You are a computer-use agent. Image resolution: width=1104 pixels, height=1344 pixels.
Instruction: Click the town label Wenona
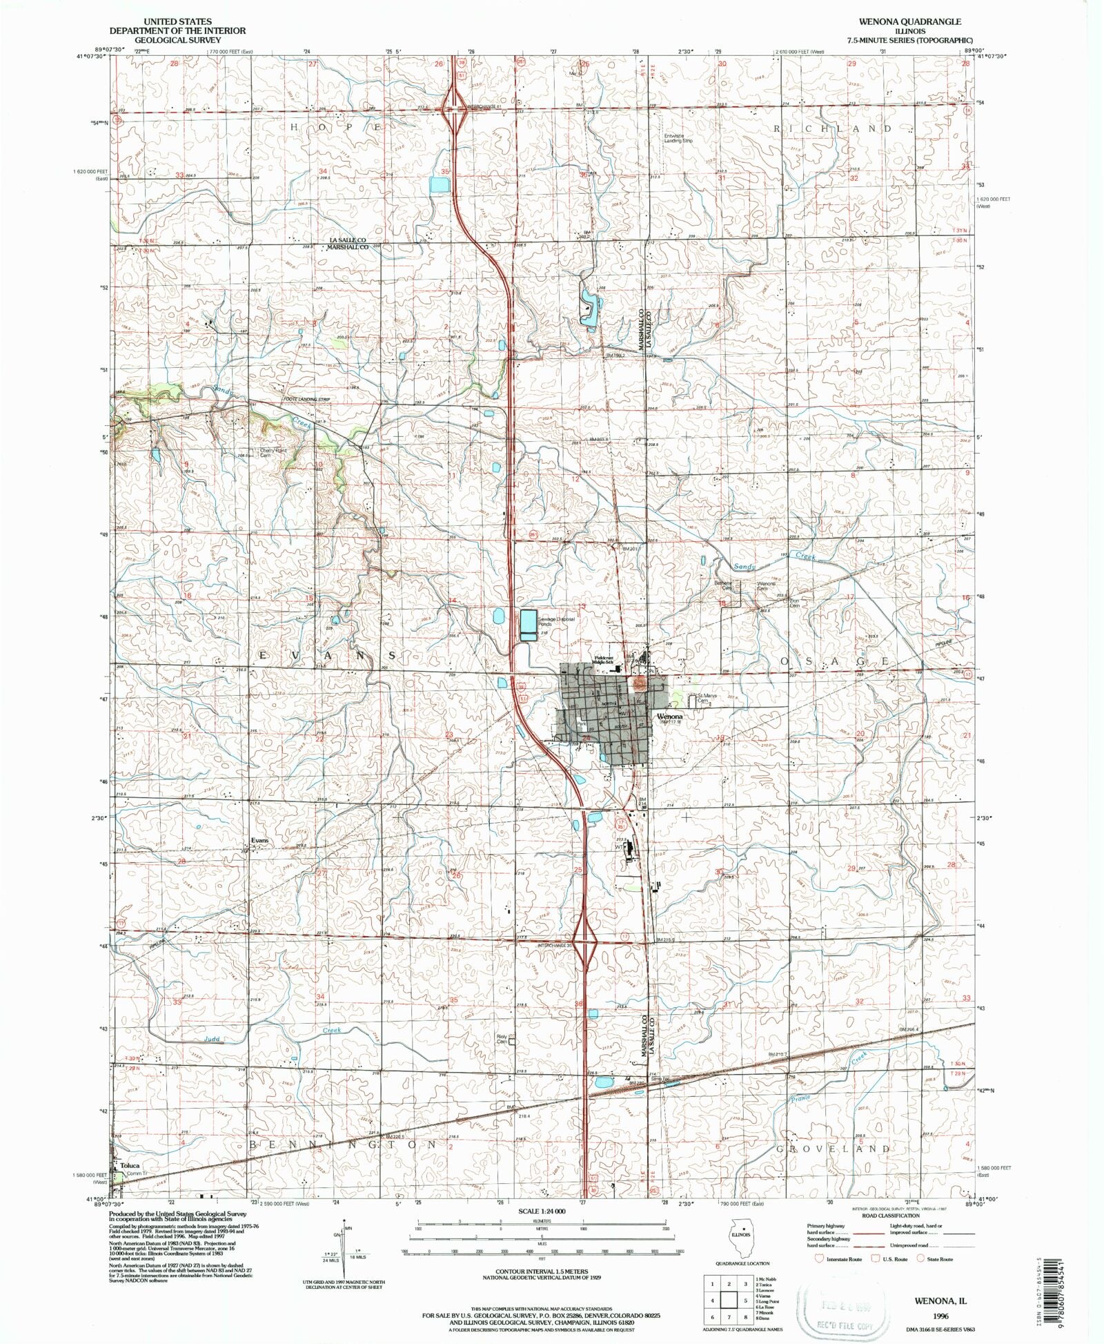tap(669, 717)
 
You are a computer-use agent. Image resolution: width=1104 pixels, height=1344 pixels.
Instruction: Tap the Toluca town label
tap(130, 1165)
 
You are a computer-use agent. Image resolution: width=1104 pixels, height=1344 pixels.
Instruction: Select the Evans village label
tap(259, 840)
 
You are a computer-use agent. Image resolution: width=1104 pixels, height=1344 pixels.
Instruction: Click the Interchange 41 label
tap(487, 107)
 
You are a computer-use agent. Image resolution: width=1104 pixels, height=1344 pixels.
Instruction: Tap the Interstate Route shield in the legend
tap(820, 1258)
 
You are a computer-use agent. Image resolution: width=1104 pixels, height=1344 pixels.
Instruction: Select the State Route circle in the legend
tap(920, 1258)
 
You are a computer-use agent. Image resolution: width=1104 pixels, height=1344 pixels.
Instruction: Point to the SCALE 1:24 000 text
tap(542, 1211)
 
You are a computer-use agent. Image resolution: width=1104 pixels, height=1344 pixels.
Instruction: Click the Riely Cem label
tap(502, 1038)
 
